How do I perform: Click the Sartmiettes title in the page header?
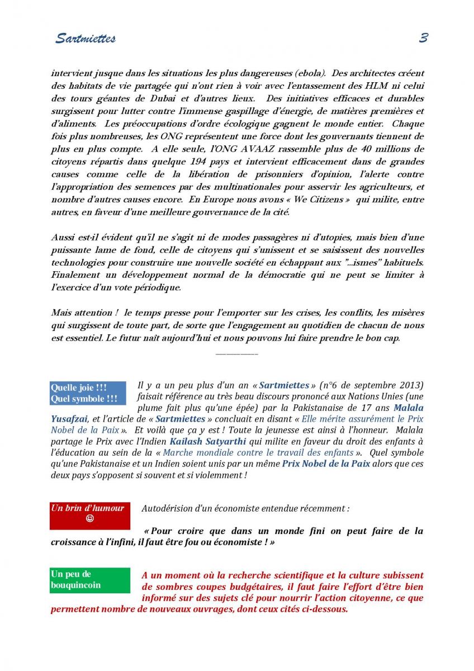[x=86, y=39]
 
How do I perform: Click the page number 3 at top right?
[x=423, y=38]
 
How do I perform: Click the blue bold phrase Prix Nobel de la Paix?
[x=326, y=464]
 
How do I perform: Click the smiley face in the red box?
[x=90, y=518]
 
